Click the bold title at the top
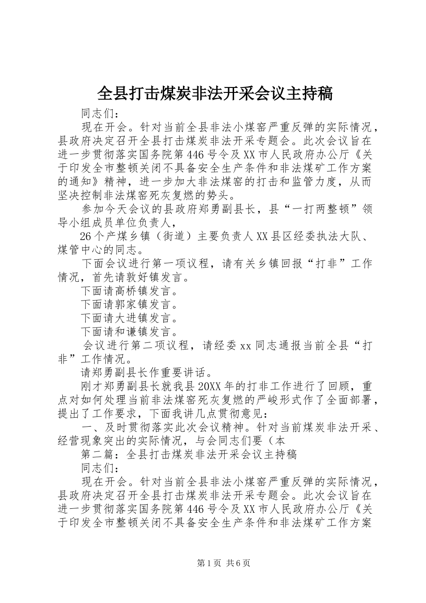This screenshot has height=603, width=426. (x=214, y=94)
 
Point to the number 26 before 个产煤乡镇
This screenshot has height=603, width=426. (x=86, y=236)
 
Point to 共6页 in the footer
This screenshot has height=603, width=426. (x=239, y=563)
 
